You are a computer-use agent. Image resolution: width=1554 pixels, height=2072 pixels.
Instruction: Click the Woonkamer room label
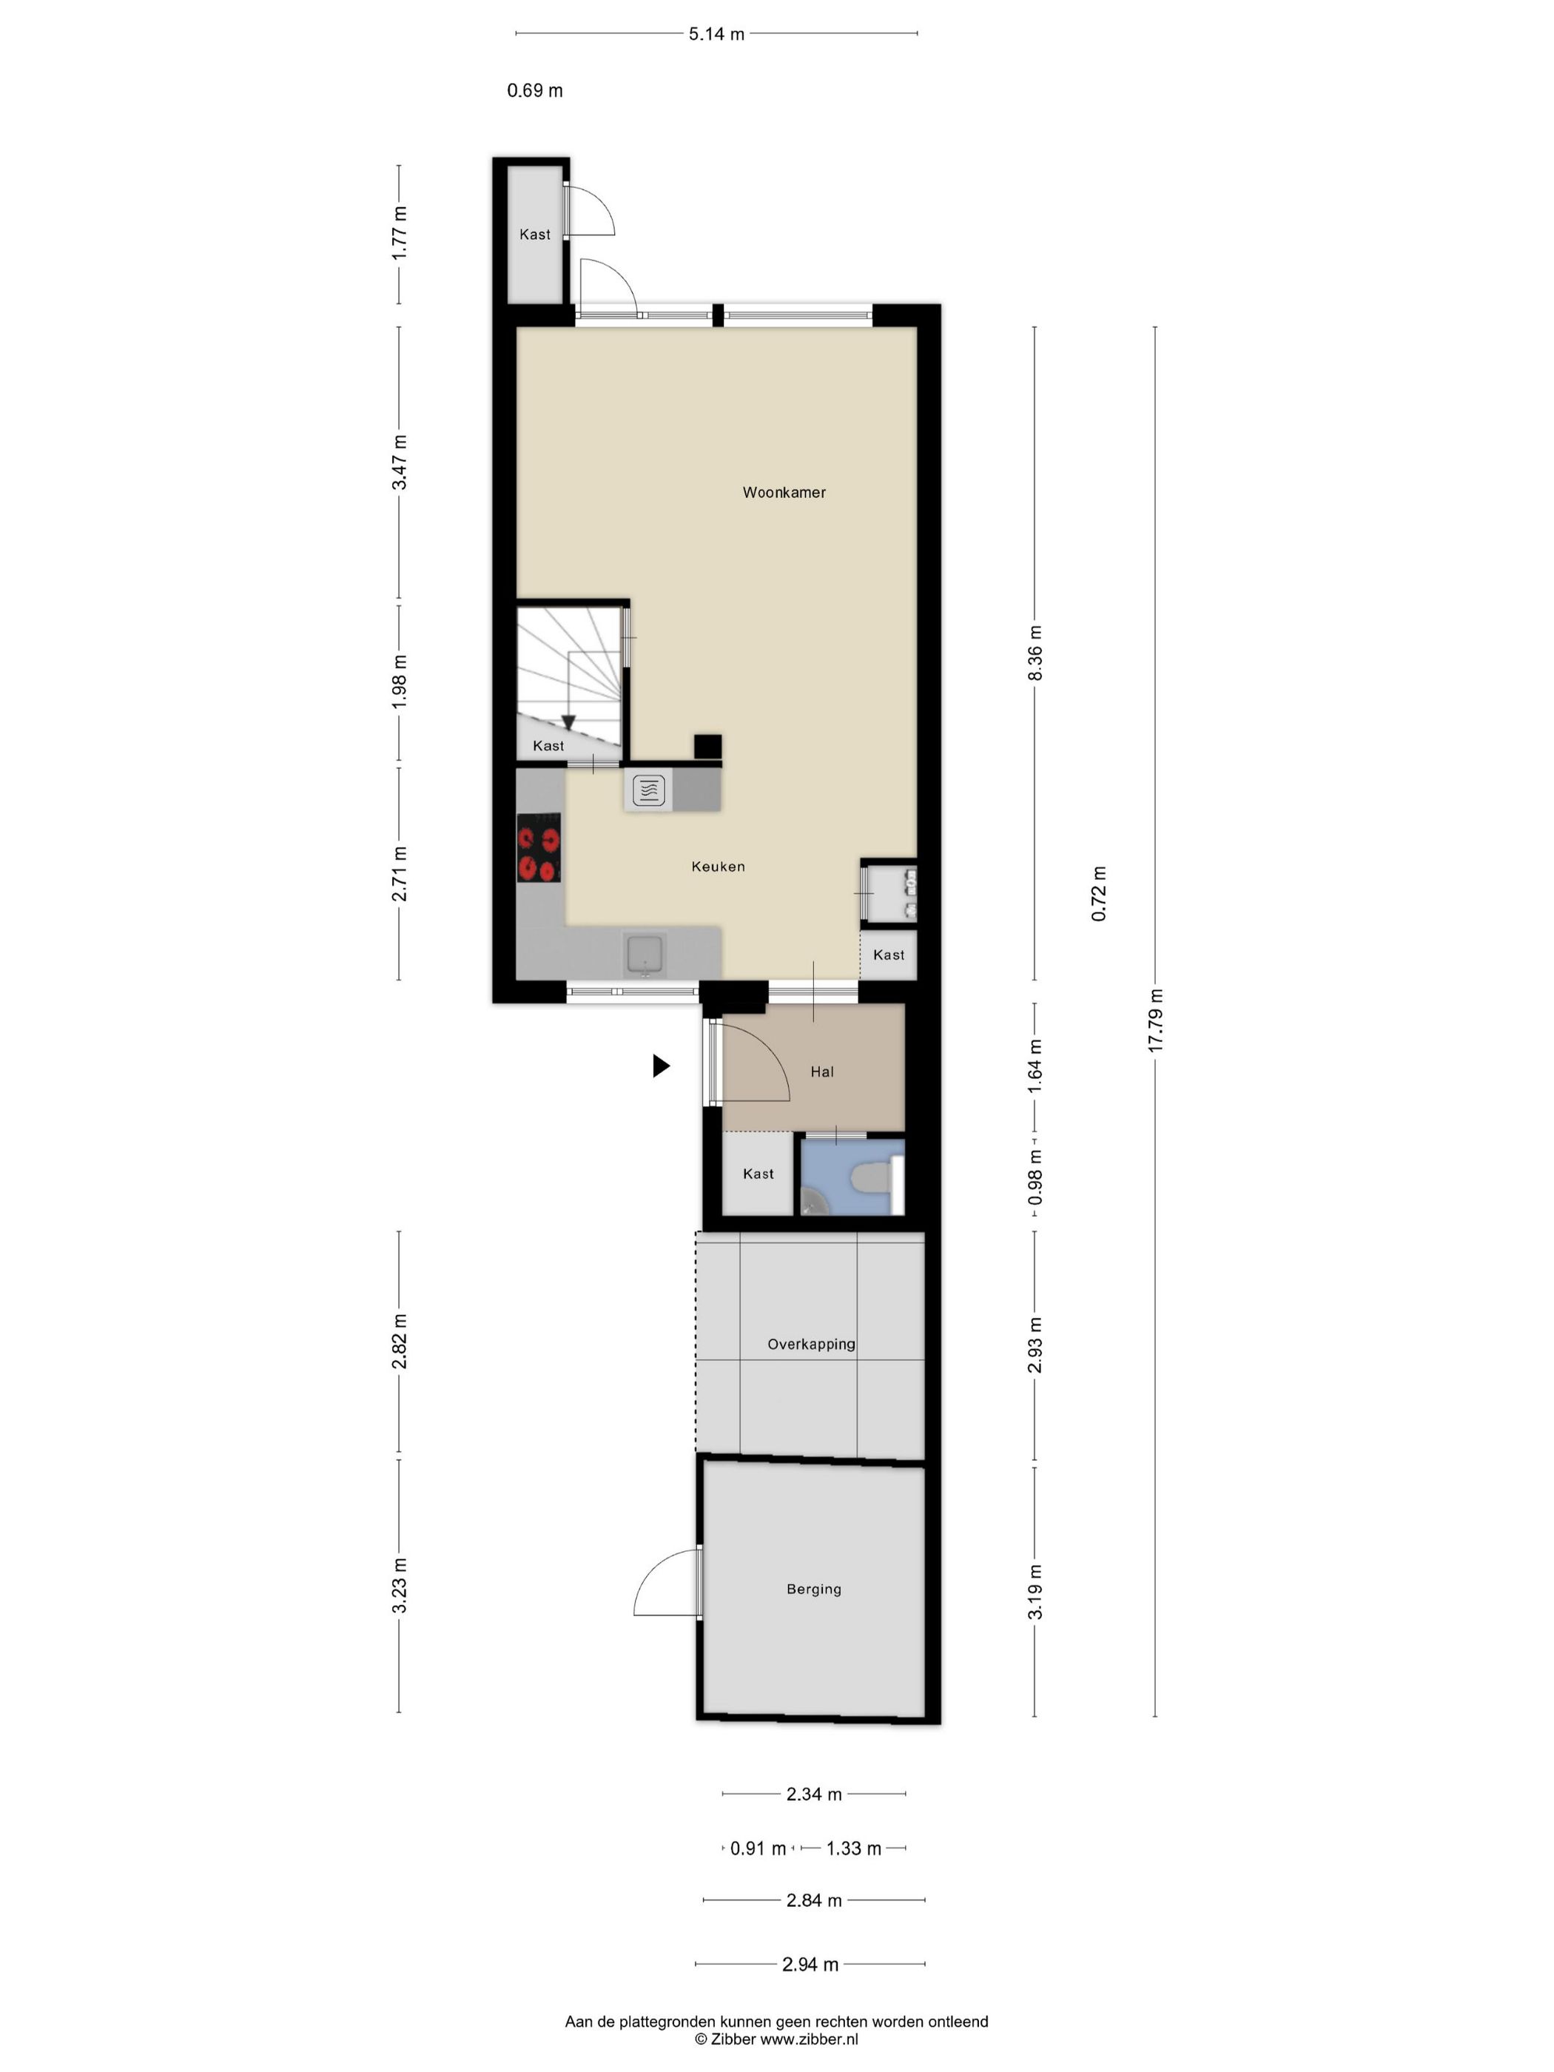point(784,492)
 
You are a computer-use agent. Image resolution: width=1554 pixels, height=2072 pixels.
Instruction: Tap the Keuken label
point(718,867)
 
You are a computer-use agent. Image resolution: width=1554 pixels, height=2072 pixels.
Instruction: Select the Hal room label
point(821,1072)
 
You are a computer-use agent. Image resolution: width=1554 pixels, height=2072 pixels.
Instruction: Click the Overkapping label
point(811,1344)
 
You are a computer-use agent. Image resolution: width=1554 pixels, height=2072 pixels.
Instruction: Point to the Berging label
point(813,1589)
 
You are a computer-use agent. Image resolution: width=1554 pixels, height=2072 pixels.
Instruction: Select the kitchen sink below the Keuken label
point(645,954)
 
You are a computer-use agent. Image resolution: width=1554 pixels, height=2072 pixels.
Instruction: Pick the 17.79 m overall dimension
point(1155,1019)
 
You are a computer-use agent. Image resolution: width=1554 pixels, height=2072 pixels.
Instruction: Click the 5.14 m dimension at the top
point(716,35)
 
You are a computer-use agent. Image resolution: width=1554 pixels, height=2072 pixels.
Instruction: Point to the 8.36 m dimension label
point(1035,653)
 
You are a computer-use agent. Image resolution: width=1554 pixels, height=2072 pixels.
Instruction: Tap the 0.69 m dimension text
point(535,91)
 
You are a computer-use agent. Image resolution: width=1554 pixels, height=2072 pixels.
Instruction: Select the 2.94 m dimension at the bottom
point(810,1964)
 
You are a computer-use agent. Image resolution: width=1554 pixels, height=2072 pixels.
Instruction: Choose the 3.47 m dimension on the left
point(400,462)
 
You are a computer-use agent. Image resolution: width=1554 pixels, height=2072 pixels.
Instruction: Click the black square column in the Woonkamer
point(707,747)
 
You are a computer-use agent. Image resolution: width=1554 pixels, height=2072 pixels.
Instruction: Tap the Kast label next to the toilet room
point(758,1174)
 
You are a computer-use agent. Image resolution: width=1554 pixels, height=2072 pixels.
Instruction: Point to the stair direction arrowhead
point(568,722)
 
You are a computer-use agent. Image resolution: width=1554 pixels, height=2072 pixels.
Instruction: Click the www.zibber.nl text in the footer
point(807,2038)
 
